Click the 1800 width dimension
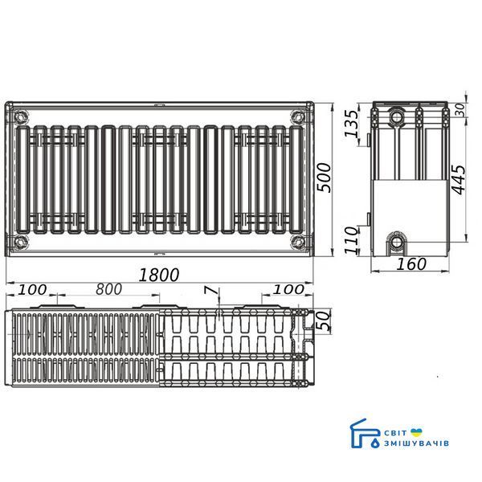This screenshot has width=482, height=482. pos(159,275)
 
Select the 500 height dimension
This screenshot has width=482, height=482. pos(325,178)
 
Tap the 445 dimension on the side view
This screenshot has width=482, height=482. pos(459,180)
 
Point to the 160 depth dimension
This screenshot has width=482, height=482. pos(411,264)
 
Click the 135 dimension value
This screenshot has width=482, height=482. pos(351,123)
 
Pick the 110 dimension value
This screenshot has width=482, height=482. pos(351,240)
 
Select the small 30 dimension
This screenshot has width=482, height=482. pos(460,110)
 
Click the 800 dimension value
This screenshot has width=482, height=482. pos(108,289)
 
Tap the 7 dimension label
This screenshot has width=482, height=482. pos(211,290)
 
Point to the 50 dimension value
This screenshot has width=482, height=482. pos(324,321)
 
